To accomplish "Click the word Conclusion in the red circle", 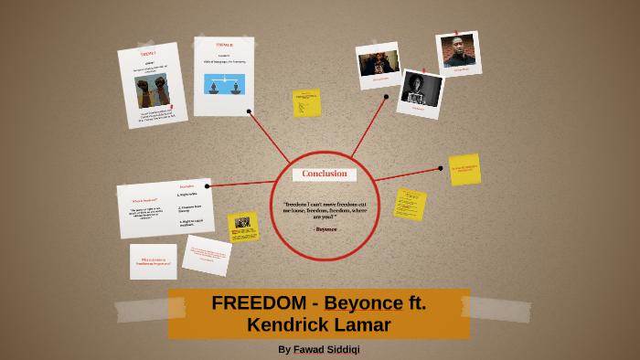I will [x=325, y=174].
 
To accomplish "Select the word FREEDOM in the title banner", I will [x=255, y=303].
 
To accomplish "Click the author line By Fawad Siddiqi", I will [x=325, y=349].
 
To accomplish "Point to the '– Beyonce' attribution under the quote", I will [x=325, y=228].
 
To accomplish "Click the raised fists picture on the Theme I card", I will [x=153, y=91].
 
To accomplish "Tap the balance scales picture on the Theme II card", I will [x=224, y=84].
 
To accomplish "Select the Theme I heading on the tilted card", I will [x=148, y=53].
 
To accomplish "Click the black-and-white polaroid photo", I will [x=421, y=90].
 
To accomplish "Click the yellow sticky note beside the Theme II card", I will [x=306, y=102].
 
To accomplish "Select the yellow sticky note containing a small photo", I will [x=243, y=226].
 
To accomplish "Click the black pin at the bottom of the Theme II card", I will [x=249, y=111].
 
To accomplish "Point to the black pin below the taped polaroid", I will [x=386, y=96].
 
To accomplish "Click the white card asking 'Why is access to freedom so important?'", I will [x=154, y=261].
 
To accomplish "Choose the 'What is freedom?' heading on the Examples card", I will [x=144, y=199].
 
